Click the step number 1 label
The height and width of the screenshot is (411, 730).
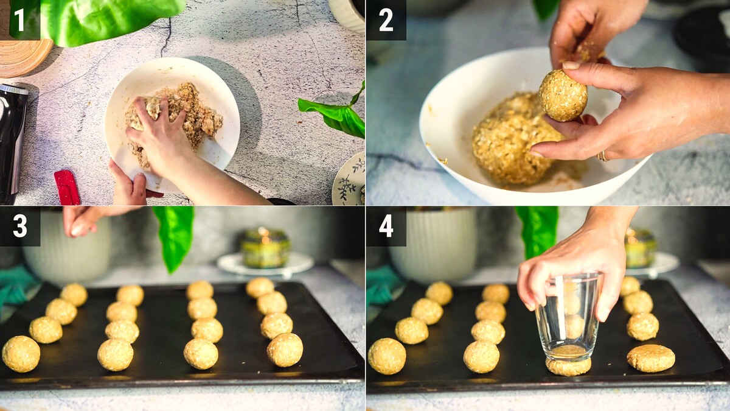click(x=19, y=20)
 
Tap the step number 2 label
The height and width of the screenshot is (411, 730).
click(x=386, y=20)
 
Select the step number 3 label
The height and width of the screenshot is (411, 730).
click(x=20, y=226)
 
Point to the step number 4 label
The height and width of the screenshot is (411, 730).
click(x=386, y=226)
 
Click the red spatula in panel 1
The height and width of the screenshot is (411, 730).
click(x=67, y=188)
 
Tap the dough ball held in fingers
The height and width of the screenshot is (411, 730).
click(x=563, y=96)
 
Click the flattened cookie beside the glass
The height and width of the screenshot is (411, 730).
click(x=651, y=358)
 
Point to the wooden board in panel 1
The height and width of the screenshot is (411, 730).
click(x=23, y=55)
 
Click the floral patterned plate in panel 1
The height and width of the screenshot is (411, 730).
click(x=349, y=180)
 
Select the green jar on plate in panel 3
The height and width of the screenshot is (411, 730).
click(x=265, y=248)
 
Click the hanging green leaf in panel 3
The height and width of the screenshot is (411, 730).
click(x=175, y=236)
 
